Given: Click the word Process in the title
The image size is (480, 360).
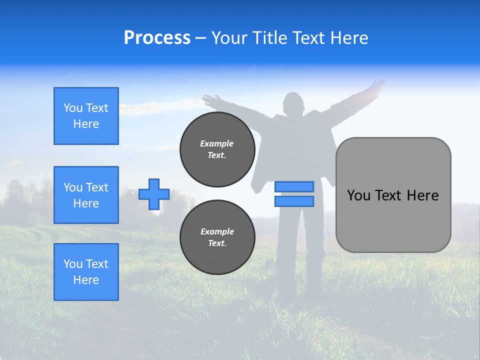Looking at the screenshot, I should click(x=157, y=37).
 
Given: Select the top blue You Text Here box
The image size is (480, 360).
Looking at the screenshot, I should click(x=86, y=116).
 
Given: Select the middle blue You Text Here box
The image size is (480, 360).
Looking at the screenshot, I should click(x=86, y=195).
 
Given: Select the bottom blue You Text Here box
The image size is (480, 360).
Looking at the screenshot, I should click(x=86, y=272).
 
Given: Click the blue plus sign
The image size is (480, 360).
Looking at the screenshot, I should click(x=154, y=194).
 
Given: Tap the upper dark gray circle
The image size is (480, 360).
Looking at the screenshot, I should click(x=217, y=149).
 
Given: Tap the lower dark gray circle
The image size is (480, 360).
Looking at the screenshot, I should click(x=217, y=237).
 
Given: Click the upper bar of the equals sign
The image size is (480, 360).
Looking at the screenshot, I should click(x=294, y=186).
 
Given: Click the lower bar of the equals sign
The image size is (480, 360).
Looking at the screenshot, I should click(x=294, y=201).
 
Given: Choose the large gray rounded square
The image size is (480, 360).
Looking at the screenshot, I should click(x=393, y=195).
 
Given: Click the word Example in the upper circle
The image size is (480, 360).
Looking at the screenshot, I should click(x=217, y=143).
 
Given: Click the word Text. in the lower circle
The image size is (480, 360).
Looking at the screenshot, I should click(x=217, y=243).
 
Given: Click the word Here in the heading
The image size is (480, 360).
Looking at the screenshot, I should click(x=349, y=38).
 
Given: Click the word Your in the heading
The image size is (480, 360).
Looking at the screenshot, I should click(x=228, y=38).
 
